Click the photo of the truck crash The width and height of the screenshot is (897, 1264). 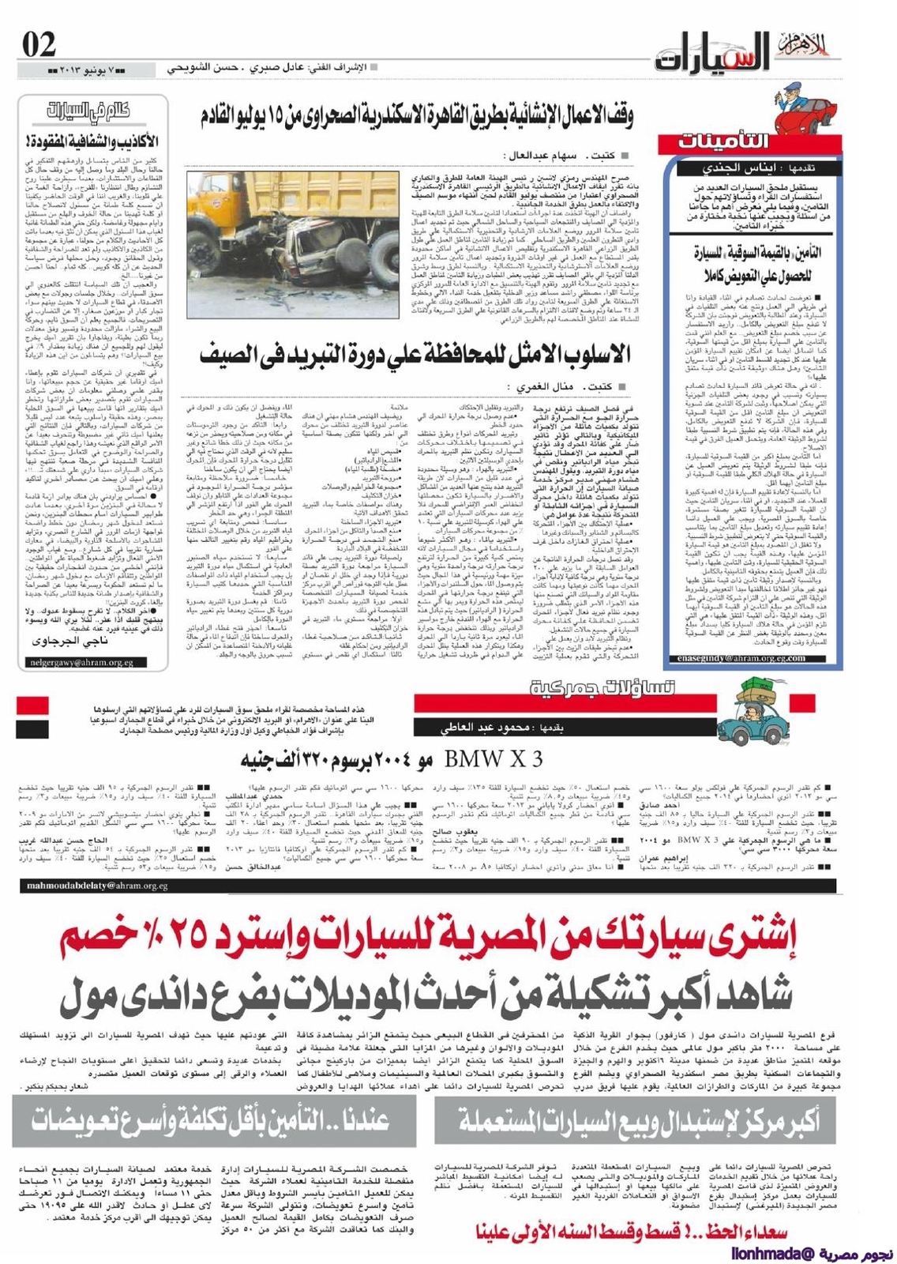293,245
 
